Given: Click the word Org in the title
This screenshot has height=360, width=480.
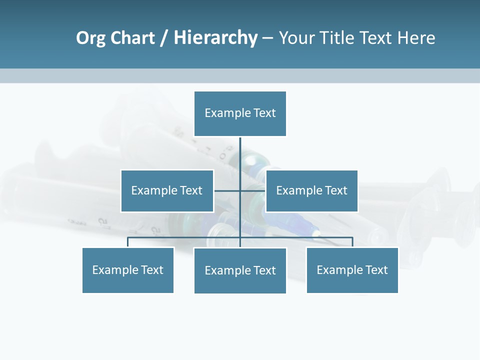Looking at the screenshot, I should (x=90, y=38).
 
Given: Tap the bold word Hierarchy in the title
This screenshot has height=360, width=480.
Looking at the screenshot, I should (x=215, y=38).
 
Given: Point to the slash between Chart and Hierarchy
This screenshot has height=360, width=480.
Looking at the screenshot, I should (x=164, y=38).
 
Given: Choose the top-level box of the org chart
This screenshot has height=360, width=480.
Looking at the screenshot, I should (x=240, y=113).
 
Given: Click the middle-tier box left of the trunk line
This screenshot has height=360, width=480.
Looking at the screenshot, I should (x=167, y=191).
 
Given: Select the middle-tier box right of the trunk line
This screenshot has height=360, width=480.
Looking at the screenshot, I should (x=312, y=191).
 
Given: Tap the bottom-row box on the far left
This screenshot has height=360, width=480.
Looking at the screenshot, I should (x=128, y=270).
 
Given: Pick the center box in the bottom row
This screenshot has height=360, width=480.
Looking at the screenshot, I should (x=240, y=270).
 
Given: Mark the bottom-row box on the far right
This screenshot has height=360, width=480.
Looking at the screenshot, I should (x=352, y=270).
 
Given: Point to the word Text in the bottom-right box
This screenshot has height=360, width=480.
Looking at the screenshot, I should (x=376, y=270).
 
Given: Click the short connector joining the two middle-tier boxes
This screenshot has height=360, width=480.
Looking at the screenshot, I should (x=227, y=190).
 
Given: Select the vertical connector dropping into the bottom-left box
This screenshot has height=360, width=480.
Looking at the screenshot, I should (x=128, y=242).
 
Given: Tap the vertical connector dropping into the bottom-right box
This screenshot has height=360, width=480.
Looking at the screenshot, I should (x=352, y=242).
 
